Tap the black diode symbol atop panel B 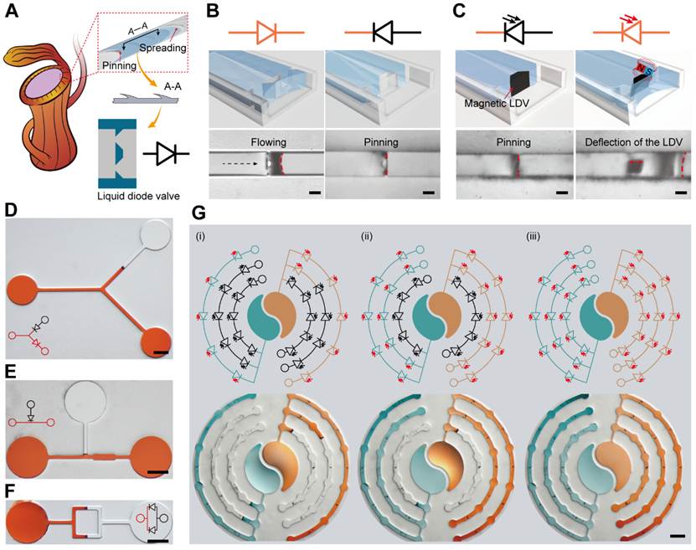coord(384,32)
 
